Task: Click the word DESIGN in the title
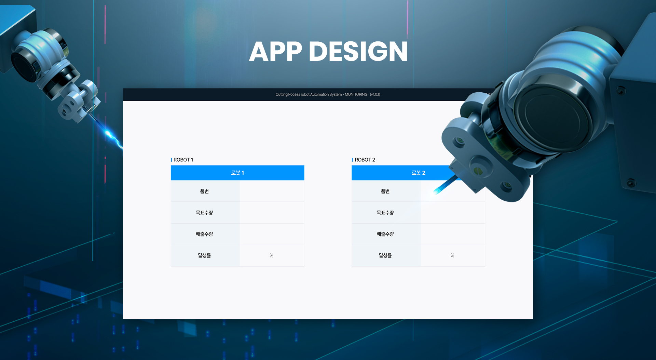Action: coord(358,51)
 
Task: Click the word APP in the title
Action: coord(276,51)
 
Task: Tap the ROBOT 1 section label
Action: coord(183,160)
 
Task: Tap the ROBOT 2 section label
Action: coord(365,160)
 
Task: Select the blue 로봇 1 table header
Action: coord(237,173)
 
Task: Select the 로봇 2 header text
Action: coord(419,173)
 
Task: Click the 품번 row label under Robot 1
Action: coord(204,191)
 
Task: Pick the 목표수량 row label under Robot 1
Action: coord(204,213)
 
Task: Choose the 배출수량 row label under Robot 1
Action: coord(204,234)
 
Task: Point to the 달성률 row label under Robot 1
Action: coord(204,255)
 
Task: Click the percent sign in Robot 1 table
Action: coord(271,255)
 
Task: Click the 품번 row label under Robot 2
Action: coord(385,191)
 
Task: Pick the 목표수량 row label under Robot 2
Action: coord(385,213)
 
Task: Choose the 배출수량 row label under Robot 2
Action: coord(385,234)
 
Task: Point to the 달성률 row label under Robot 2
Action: coord(385,255)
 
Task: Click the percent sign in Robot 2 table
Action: coord(452,255)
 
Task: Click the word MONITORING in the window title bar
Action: coord(356,94)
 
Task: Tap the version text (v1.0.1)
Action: coord(375,94)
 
